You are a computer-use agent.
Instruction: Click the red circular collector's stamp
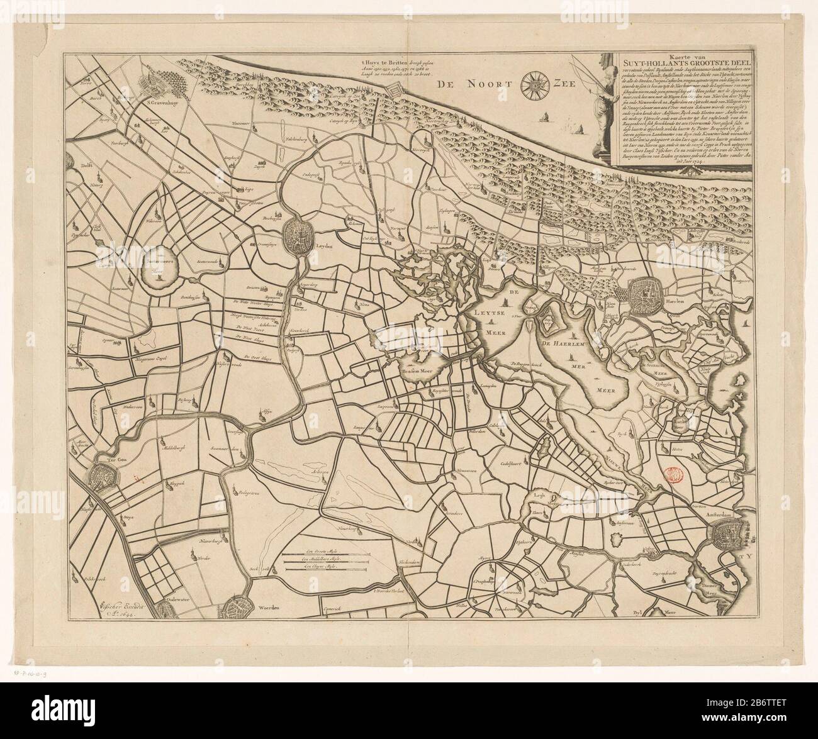672,476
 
